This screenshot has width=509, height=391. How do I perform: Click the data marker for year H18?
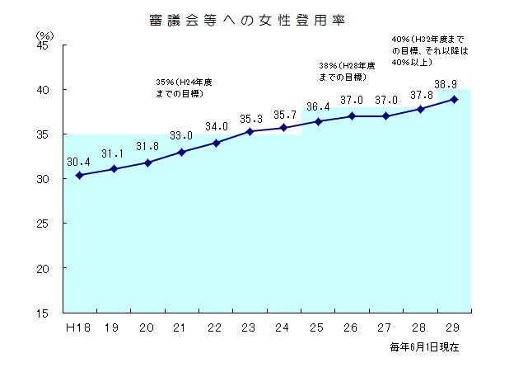tap(79, 175)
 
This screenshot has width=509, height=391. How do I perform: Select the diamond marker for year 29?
tap(454, 99)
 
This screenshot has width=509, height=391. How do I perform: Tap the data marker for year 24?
tap(283, 128)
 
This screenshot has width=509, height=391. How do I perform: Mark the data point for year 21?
tap(181, 152)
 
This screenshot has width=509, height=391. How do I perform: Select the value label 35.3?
tap(250, 119)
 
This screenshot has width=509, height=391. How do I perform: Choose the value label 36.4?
tap(317, 106)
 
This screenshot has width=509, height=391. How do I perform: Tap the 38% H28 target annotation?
tap(346, 71)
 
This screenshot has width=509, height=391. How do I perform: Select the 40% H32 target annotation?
tap(429, 49)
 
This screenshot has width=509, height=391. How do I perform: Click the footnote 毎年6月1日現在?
tap(425, 347)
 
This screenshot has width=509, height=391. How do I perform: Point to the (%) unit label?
tap(44, 35)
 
